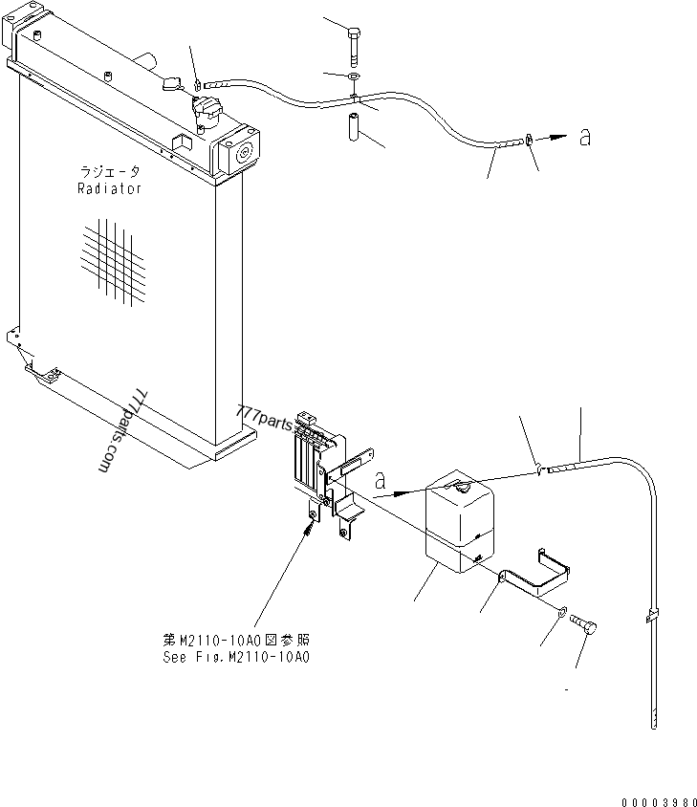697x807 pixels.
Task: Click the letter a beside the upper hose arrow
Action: pyautogui.click(x=584, y=138)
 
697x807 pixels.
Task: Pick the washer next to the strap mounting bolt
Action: pyautogui.click(x=562, y=612)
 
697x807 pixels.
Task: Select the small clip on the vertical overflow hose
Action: pyautogui.click(x=653, y=614)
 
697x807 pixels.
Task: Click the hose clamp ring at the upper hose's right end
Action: pyautogui.click(x=529, y=142)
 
